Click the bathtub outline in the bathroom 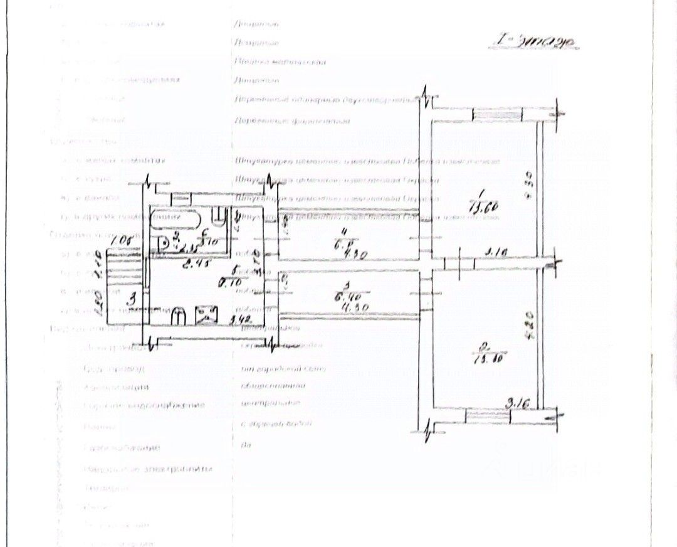click(x=175, y=220)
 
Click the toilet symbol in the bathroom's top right click(x=219, y=218)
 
